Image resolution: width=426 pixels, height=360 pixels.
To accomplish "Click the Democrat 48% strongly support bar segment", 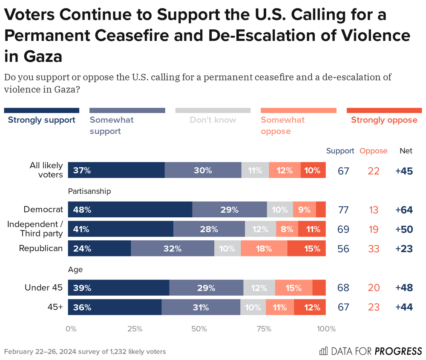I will (130, 210).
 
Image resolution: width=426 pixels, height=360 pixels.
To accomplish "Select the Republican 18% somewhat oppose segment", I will (264, 248).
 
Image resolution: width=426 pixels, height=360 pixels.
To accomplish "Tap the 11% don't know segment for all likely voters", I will (255, 170).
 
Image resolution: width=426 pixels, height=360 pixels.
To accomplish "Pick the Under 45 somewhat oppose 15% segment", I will (294, 288).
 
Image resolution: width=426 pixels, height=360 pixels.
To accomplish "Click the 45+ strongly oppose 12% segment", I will (310, 307).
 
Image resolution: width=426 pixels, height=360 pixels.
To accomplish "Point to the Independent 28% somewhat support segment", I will (209, 229).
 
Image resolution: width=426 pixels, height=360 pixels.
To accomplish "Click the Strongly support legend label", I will (42, 120).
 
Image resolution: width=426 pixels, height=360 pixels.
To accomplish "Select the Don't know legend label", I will (213, 120).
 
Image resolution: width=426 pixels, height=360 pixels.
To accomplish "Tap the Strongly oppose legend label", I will (384, 120).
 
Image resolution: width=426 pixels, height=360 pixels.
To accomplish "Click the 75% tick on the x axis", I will (264, 329).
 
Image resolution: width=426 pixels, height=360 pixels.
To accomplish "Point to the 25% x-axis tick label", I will (135, 329).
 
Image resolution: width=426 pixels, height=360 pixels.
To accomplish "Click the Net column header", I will (406, 151).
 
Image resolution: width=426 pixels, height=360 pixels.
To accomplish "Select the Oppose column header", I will (374, 151).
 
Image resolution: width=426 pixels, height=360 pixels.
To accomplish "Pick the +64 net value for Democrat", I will (404, 210).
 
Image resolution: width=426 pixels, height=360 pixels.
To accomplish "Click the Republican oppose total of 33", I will (374, 249).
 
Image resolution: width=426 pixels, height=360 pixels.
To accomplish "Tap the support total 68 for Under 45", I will (343, 288).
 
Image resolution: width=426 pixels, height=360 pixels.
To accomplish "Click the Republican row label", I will (41, 248).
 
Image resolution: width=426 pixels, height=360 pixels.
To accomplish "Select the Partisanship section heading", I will (89, 191).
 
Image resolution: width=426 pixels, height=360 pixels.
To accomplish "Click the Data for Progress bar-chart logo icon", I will (324, 351).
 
